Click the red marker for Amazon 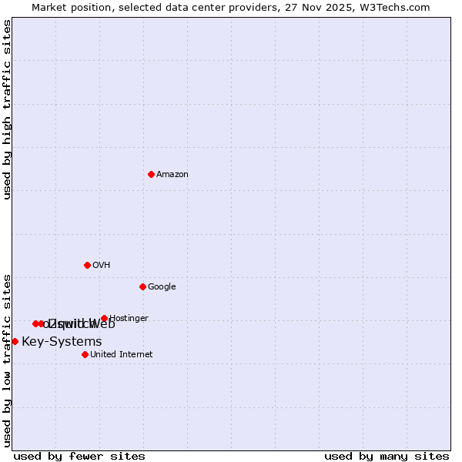(x=151, y=174)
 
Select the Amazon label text (x=172, y=175)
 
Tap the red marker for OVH (x=87, y=265)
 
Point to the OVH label (x=102, y=266)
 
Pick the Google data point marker (x=142, y=286)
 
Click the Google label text (x=162, y=287)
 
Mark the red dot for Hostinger (x=104, y=318)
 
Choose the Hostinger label (x=129, y=318)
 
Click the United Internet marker (x=85, y=354)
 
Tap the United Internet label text (x=122, y=355)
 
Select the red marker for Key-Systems (x=15, y=341)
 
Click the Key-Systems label (x=62, y=342)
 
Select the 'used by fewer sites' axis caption (x=79, y=456)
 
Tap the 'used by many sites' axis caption (x=387, y=456)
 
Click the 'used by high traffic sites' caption (x=8, y=110)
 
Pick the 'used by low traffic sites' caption (x=8, y=360)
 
